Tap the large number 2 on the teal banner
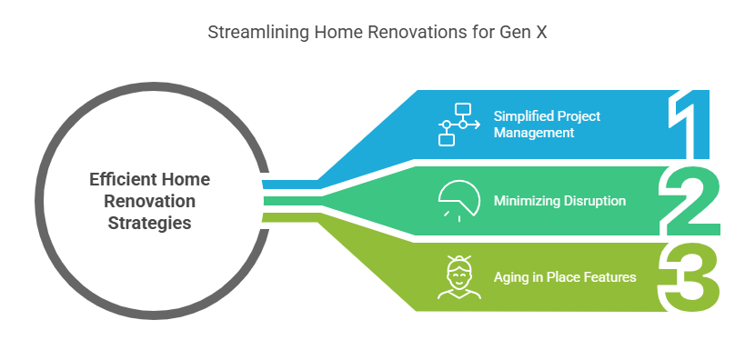pos(689,201)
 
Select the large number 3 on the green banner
pos(689,277)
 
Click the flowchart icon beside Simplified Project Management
pos(458,125)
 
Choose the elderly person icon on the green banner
pos(458,277)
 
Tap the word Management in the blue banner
pos(534,132)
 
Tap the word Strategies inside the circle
pos(149,224)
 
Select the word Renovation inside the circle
pos(149,201)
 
